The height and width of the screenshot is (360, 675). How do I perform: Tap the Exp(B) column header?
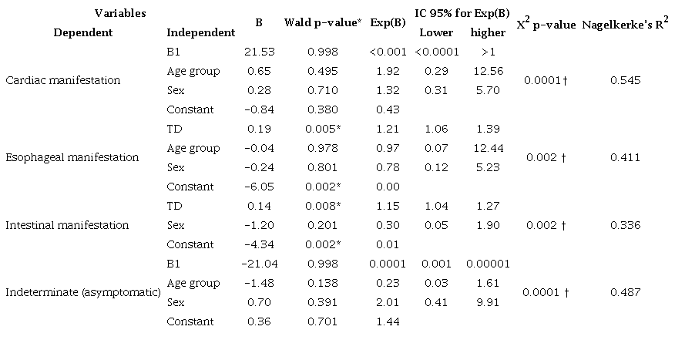tap(388, 23)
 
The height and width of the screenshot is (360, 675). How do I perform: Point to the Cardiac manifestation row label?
tap(62, 80)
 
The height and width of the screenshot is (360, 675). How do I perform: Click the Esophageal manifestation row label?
tap(72, 157)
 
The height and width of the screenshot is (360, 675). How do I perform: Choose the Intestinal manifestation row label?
tap(67, 225)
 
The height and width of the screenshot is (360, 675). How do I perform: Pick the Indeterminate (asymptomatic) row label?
tap(82, 293)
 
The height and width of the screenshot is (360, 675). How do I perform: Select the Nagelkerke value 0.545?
tap(625, 80)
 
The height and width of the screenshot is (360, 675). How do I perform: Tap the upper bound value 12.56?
tap(487, 71)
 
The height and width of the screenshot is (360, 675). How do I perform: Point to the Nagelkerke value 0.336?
tap(625, 225)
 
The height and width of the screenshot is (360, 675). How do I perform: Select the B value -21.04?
tap(258, 264)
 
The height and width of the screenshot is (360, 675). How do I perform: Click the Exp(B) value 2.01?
tap(388, 302)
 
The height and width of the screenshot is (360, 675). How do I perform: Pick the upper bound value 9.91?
tap(487, 302)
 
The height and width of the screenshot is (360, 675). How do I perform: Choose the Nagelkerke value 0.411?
tap(625, 157)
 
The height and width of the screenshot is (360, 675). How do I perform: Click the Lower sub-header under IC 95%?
tap(435, 32)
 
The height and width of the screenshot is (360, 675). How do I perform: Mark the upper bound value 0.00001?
tap(487, 264)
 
